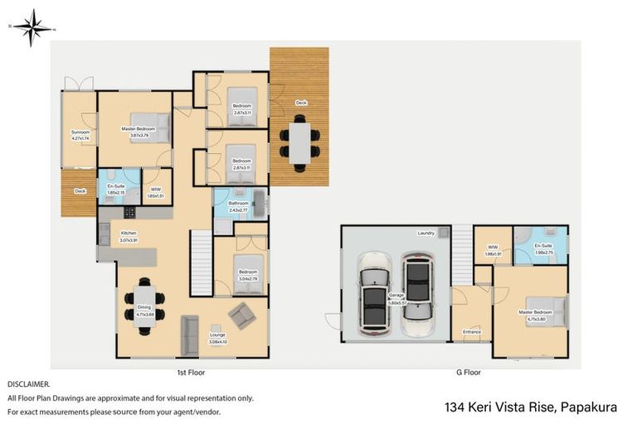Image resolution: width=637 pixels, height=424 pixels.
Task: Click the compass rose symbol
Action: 32,27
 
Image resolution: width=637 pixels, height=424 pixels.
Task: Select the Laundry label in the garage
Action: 426,234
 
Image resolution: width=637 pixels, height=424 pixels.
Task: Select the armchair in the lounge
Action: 243,314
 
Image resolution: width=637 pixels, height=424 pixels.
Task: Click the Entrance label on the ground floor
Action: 472,331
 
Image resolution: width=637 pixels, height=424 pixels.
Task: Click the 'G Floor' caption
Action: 469,373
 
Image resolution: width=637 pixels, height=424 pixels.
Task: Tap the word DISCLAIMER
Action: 28,384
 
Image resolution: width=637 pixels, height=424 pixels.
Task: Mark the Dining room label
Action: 144,310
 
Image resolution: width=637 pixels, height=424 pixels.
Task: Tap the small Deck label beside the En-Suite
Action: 80,191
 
